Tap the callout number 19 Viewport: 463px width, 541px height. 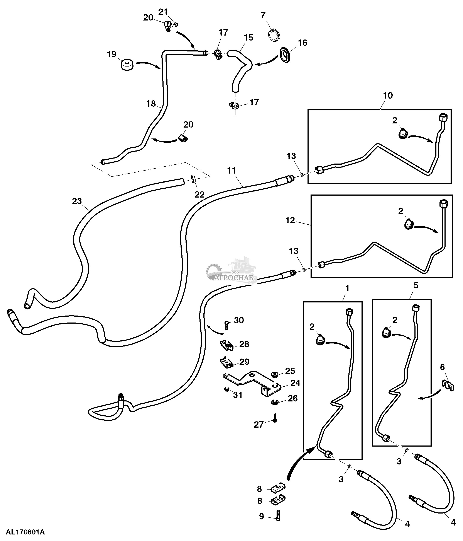coord(112,54)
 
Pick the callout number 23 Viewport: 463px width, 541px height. coord(77,201)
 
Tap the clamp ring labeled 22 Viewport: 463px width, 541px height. coord(193,179)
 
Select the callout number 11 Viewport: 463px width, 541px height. coord(231,171)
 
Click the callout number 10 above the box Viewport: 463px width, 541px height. coord(388,96)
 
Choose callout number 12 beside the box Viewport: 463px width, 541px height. coord(290,220)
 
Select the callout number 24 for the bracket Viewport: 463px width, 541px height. coord(295,383)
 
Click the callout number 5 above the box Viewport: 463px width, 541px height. coord(416,285)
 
